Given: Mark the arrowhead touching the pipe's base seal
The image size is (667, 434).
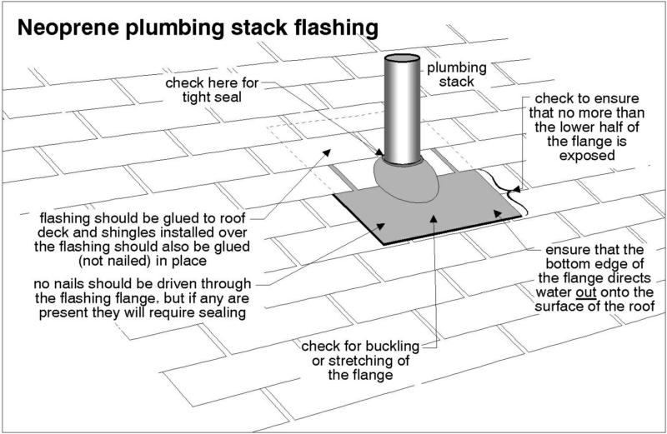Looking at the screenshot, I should [x=381, y=155].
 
